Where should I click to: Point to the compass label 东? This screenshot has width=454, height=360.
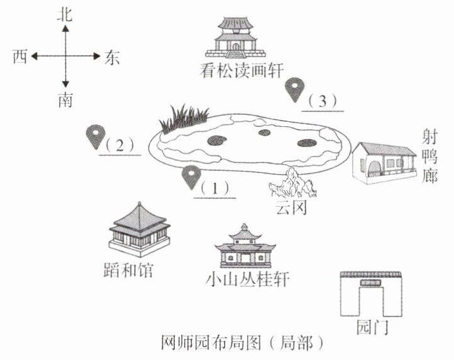click(x=112, y=57)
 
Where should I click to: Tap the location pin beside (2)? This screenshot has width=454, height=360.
click(x=95, y=136)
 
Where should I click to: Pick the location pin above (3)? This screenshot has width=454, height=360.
click(x=294, y=89)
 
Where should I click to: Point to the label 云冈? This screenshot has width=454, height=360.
click(x=290, y=208)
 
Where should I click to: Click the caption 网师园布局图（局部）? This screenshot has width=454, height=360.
click(x=242, y=343)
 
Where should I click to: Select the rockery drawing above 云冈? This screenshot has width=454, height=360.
click(x=291, y=185)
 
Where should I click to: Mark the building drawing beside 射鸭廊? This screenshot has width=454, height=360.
click(x=383, y=163)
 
